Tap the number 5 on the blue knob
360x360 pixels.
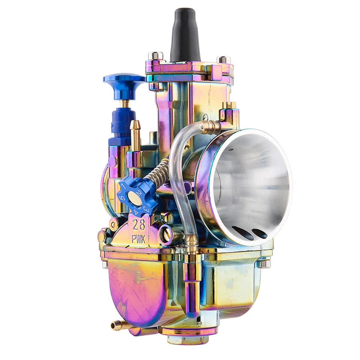click(x=121, y=197)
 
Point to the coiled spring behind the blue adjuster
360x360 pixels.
click(x=157, y=172)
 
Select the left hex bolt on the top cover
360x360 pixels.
click(x=155, y=56)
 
